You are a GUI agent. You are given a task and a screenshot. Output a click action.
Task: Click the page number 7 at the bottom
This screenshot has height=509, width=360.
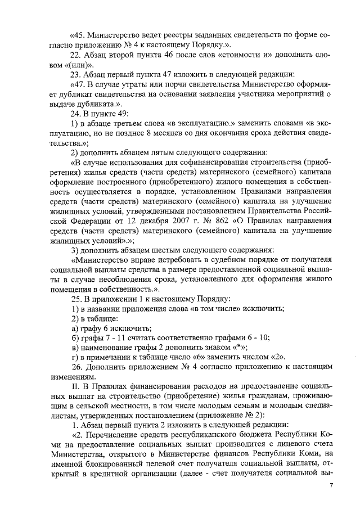click(331, 485)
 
